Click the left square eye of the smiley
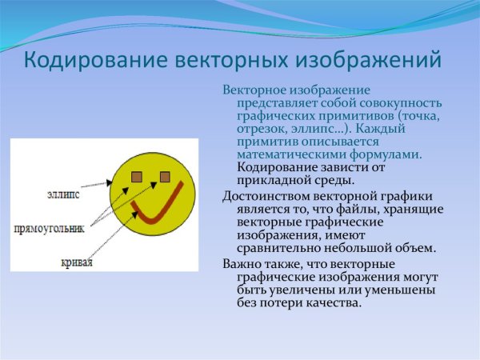138,176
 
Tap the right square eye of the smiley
165,176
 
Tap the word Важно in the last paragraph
244,264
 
